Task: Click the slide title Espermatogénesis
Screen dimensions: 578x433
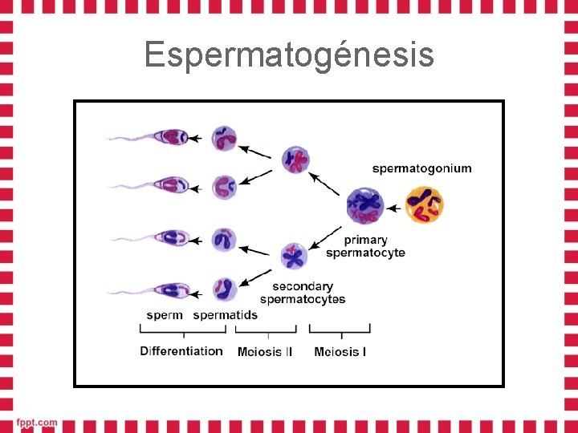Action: coord(289,55)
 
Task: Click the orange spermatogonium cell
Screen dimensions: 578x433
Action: coord(425,204)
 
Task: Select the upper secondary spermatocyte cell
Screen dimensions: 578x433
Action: coord(296,159)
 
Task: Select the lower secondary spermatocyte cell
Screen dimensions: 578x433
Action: coord(294,256)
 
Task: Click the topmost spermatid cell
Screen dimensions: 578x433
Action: coord(224,138)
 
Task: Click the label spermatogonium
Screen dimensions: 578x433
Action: coord(421,168)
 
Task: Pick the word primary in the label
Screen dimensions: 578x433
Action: coord(365,240)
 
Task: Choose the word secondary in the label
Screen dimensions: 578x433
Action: coord(302,286)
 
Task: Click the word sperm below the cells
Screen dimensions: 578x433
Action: coord(165,315)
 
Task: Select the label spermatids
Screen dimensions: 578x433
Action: coord(226,315)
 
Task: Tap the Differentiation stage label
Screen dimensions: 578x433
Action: coord(181,351)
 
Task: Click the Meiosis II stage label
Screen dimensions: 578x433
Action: coord(265,352)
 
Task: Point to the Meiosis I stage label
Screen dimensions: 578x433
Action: coord(340,352)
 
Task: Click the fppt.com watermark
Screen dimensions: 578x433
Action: coord(37,423)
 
